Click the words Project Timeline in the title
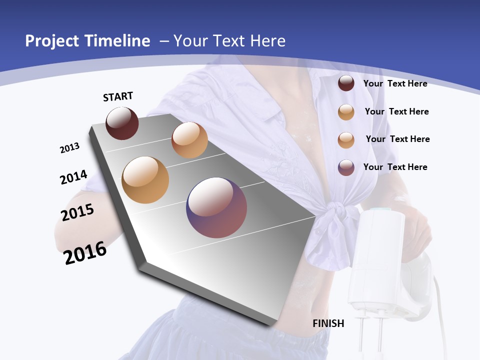pos(87,41)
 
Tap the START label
pos(118,96)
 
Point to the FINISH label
pos(328,323)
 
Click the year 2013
pos(69,148)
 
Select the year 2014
pos(73,177)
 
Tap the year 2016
pos(85,253)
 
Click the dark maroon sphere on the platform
pos(122,123)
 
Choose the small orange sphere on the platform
pos(189,140)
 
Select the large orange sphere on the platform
pos(145,179)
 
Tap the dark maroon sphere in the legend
pos(346,83)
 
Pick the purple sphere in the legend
pos(346,167)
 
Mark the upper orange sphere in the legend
pos(346,112)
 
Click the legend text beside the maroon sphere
pos(395,83)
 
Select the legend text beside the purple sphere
pos(395,167)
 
